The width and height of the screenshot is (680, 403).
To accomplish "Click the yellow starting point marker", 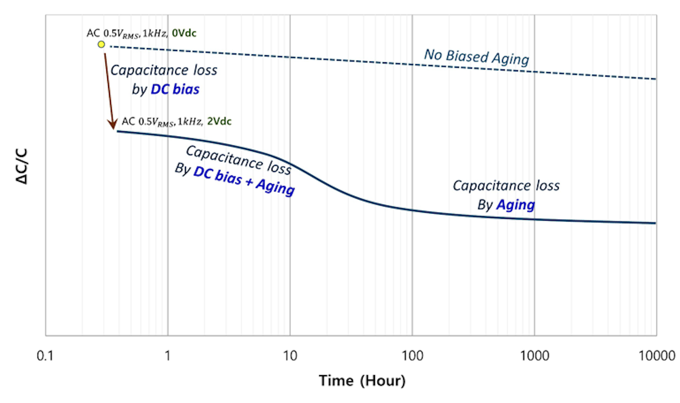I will pyautogui.click(x=101, y=44).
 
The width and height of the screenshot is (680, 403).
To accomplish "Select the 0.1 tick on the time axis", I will pyautogui.click(x=45, y=355).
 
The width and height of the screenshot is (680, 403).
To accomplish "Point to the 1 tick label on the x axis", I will pyautogui.click(x=168, y=355).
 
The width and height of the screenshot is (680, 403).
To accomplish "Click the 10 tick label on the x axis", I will pyautogui.click(x=290, y=355).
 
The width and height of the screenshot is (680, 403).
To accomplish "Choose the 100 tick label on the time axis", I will pyautogui.click(x=412, y=355).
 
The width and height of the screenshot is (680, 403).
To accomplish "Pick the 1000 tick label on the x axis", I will pyautogui.click(x=535, y=355).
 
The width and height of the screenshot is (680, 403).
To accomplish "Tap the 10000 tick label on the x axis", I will pyautogui.click(x=657, y=355).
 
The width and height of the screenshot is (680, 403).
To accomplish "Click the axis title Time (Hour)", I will pyautogui.click(x=362, y=381).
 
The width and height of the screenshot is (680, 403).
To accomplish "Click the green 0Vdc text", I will pyautogui.click(x=184, y=33).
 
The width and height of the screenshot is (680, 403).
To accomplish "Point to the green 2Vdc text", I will pyautogui.click(x=219, y=121).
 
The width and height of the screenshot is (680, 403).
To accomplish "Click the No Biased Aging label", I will pyautogui.click(x=476, y=57).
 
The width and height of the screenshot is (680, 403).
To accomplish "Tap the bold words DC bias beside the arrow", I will pyautogui.click(x=175, y=89).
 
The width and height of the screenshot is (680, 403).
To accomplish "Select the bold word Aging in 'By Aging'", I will pyautogui.click(x=515, y=205).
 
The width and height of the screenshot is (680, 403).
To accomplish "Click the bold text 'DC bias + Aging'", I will pyautogui.click(x=244, y=180).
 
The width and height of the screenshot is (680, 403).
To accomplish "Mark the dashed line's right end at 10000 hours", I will pyautogui.click(x=655, y=79).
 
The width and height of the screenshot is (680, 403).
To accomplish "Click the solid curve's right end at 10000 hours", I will pyautogui.click(x=655, y=223).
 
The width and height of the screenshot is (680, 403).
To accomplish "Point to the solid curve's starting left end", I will pyautogui.click(x=118, y=131).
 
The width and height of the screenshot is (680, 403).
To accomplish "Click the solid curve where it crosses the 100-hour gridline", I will pyautogui.click(x=412, y=210).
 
